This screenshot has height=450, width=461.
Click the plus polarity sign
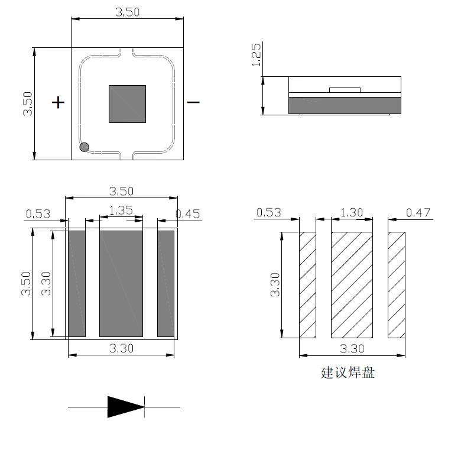click(58, 102)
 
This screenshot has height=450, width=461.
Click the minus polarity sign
click(193, 102)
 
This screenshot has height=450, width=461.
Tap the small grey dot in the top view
click(85, 147)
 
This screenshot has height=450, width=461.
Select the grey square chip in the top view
click(127, 104)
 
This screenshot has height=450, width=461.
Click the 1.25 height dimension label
click(256, 55)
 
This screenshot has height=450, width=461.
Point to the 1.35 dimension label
click(121, 211)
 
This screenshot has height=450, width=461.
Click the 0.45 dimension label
click(188, 214)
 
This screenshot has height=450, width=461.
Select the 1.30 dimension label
click(352, 212)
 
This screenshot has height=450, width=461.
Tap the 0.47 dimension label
click(418, 213)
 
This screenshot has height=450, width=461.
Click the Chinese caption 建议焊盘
click(348, 373)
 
